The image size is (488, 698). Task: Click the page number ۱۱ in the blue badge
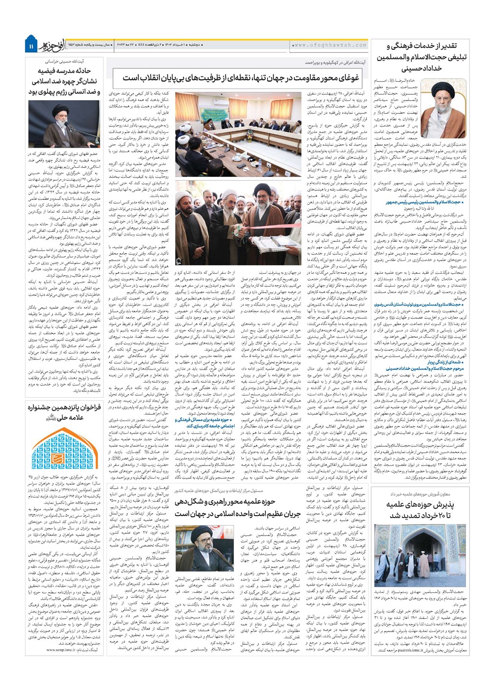31,46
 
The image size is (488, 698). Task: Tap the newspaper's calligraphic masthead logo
52,44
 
